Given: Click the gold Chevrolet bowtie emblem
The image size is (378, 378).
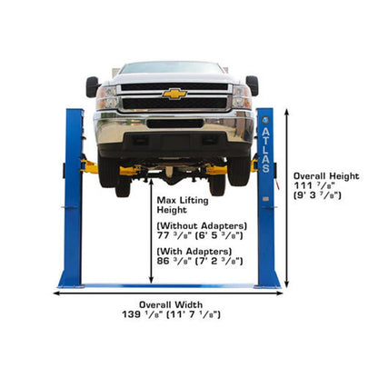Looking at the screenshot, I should [x=174, y=94].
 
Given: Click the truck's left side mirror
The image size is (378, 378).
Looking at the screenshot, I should [x=93, y=86].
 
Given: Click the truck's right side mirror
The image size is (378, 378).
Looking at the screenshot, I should [x=252, y=85].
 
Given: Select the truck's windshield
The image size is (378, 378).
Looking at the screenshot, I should [x=173, y=68].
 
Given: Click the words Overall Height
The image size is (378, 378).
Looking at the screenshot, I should [x=326, y=174].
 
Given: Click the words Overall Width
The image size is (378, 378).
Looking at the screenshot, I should [x=171, y=304].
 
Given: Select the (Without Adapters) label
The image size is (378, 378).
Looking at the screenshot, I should [x=202, y=224].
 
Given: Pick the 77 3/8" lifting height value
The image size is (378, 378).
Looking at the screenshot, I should [x=173, y=234].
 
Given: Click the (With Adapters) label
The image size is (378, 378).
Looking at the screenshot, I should [x=194, y=250].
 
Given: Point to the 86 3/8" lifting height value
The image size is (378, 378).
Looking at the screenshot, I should [x=173, y=260].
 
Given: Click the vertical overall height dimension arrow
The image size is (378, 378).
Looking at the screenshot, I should [x=287, y=199].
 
